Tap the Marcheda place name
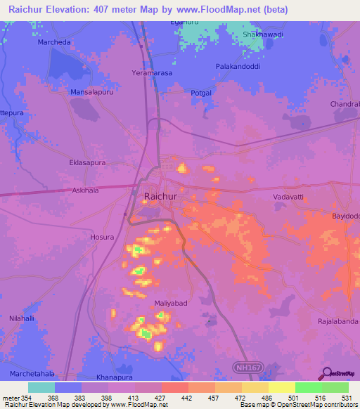(x=53, y=41)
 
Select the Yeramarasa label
(x=152, y=73)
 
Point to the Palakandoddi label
(x=238, y=67)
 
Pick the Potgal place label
(x=200, y=93)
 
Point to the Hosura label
(x=102, y=238)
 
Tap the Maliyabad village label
(x=170, y=304)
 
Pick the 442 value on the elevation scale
(x=186, y=398)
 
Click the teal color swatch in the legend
(x=41, y=387)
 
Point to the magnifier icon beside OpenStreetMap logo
(x=326, y=373)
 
